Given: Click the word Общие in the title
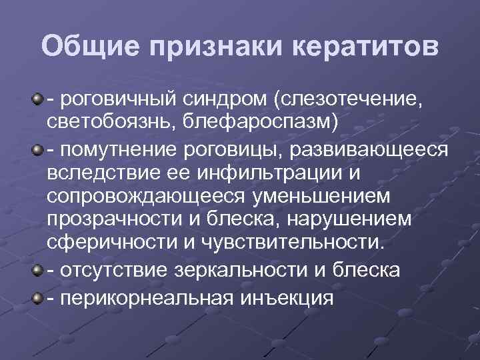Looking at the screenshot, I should [89, 47].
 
